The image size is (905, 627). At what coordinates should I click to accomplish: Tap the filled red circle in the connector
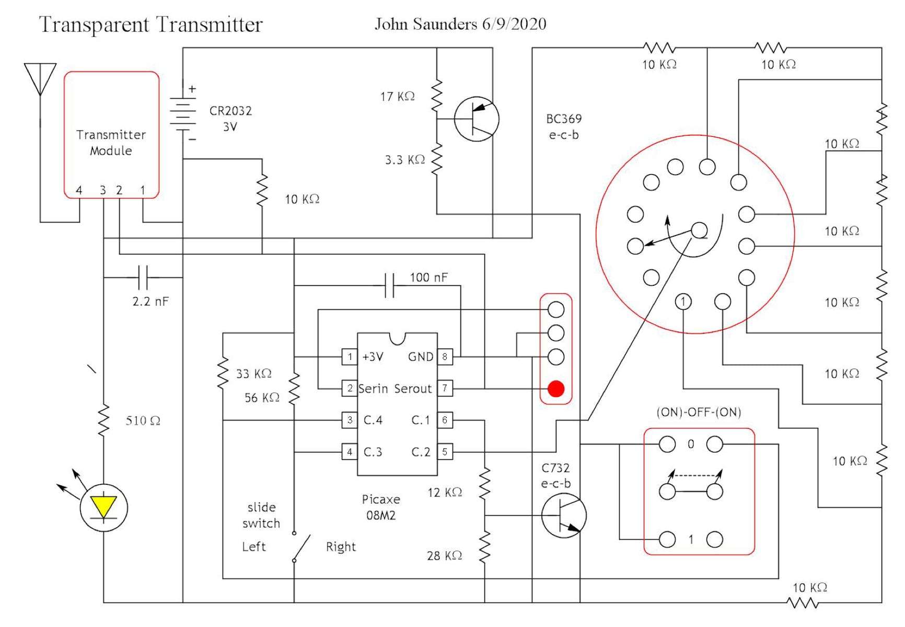pos(556,389)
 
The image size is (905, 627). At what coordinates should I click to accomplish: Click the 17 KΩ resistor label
pos(397,97)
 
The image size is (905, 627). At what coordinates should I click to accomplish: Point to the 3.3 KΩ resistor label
pos(405,160)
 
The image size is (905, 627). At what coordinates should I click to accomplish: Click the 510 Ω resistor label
pos(143,421)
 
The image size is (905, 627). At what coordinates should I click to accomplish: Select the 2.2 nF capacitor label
pos(150,301)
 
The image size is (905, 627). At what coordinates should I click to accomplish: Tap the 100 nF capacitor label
pos(428,277)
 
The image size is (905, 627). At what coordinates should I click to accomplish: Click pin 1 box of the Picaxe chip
pos(350,357)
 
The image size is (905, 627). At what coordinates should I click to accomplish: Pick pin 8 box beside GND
pos(445,357)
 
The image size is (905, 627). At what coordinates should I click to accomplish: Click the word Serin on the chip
pos(373,389)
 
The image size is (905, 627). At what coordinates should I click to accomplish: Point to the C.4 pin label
pos(373,420)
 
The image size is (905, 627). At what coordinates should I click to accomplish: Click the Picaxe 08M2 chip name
pos(381,507)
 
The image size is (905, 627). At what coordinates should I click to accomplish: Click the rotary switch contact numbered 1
pos(683,301)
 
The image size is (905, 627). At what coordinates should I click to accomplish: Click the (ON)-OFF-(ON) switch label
pos(699,412)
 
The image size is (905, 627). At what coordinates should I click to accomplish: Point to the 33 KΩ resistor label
pos(253,374)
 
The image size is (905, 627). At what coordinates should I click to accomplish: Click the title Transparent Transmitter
pos(150,25)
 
